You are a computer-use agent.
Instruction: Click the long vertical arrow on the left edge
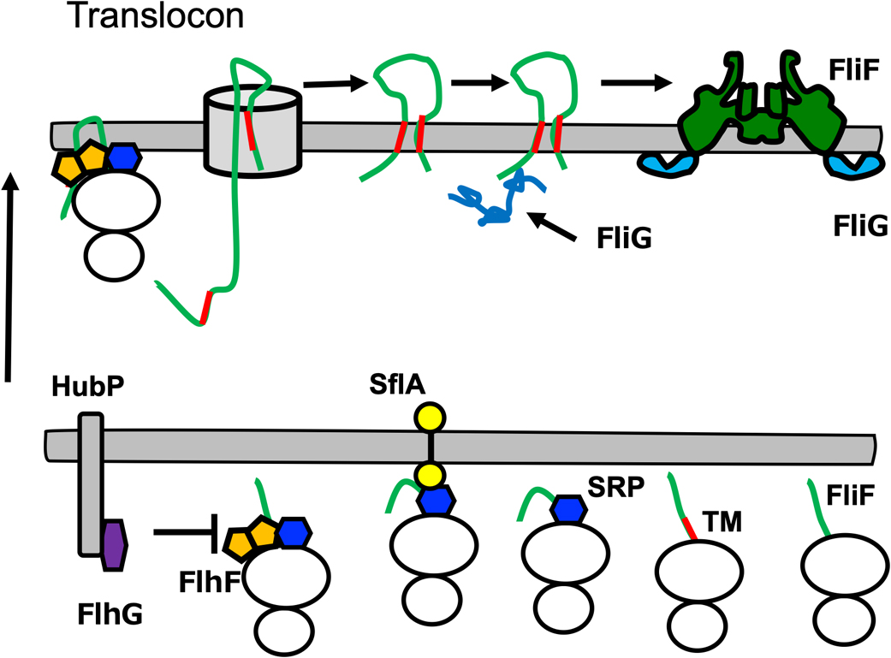click(x=9, y=274)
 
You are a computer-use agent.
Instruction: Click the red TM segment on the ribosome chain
click(x=691, y=528)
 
